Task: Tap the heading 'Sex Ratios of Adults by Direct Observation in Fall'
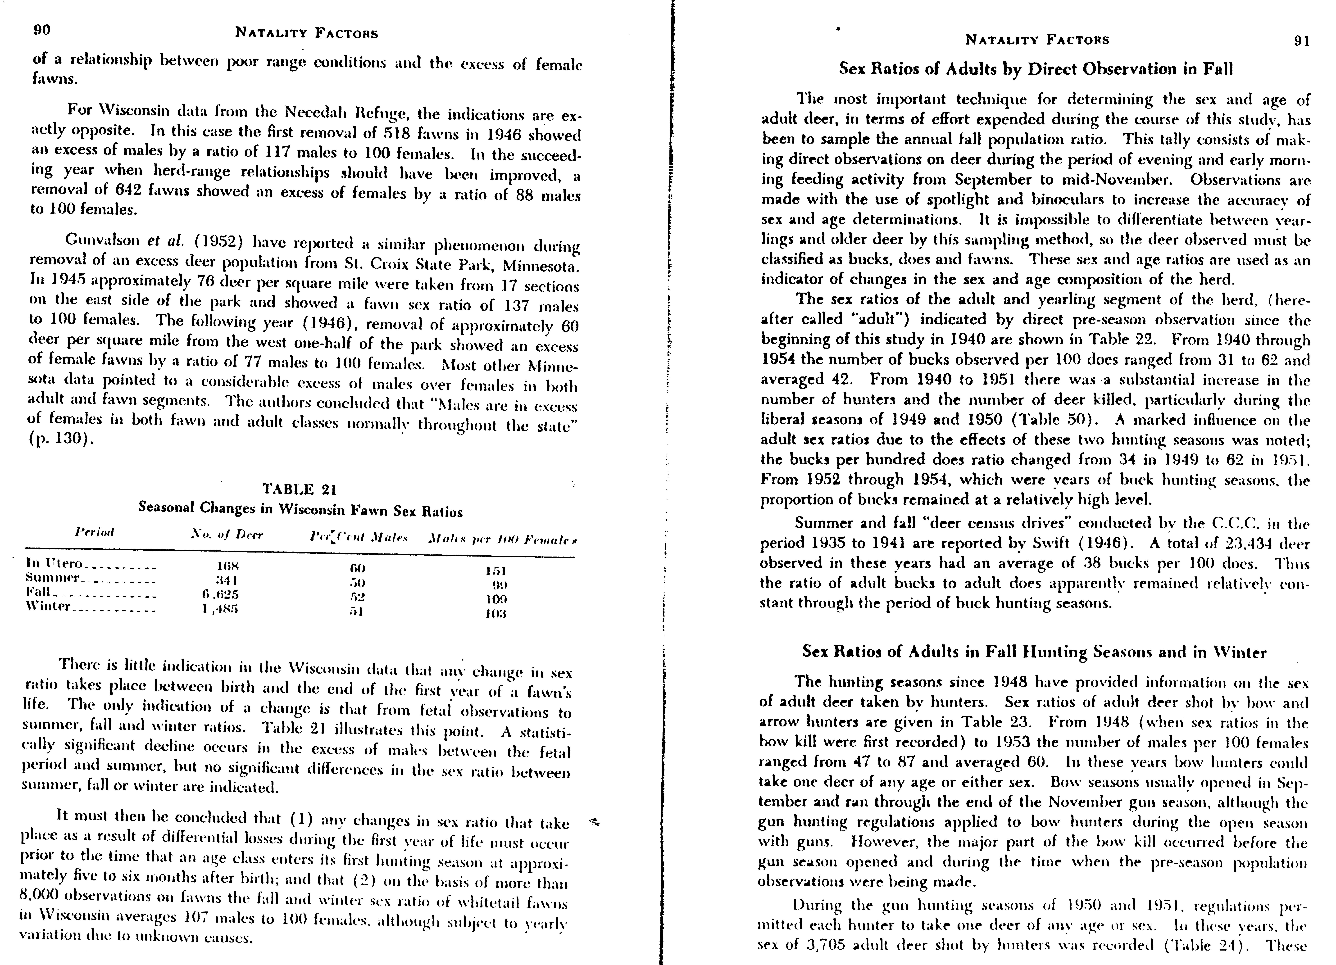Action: point(1036,69)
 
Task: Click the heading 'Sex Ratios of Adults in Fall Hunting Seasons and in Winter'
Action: point(1034,652)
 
